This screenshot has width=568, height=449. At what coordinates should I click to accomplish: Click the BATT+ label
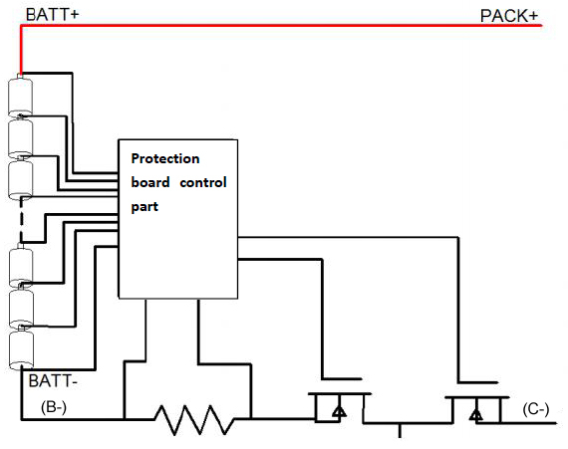pos(52,15)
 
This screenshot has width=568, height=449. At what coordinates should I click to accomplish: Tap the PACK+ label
pos(509,16)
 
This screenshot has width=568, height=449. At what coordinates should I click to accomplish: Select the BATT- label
pos(53,381)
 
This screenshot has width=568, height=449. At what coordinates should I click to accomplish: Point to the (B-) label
pos(54,407)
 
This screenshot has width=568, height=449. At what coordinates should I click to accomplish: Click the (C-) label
pos(536,409)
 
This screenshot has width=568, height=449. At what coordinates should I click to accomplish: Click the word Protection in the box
pos(165,158)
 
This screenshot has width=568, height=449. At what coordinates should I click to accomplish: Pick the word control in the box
pos(203,182)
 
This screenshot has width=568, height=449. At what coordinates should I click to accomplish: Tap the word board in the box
pos(150,182)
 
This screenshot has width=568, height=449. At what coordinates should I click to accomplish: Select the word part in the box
pos(144,207)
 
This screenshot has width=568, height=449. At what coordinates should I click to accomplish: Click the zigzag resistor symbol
pos(194,420)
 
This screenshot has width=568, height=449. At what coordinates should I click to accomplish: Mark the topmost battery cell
pos(20,96)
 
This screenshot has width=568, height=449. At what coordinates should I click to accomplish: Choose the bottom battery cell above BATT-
pos(21,349)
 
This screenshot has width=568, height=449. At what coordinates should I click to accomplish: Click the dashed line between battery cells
pos(21,219)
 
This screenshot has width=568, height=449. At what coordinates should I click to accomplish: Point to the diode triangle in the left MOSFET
pos(339,411)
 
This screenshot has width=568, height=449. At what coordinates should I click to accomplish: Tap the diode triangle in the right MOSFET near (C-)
pos(475,414)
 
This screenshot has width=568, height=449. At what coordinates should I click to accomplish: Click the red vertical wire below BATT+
pos(21,50)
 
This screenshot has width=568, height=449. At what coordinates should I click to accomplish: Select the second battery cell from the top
pos(20,137)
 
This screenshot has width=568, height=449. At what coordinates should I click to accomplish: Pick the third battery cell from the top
pos(20,178)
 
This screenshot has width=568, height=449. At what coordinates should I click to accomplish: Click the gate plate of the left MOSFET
pos(342,379)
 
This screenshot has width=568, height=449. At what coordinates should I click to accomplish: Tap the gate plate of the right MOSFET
pos(478,382)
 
